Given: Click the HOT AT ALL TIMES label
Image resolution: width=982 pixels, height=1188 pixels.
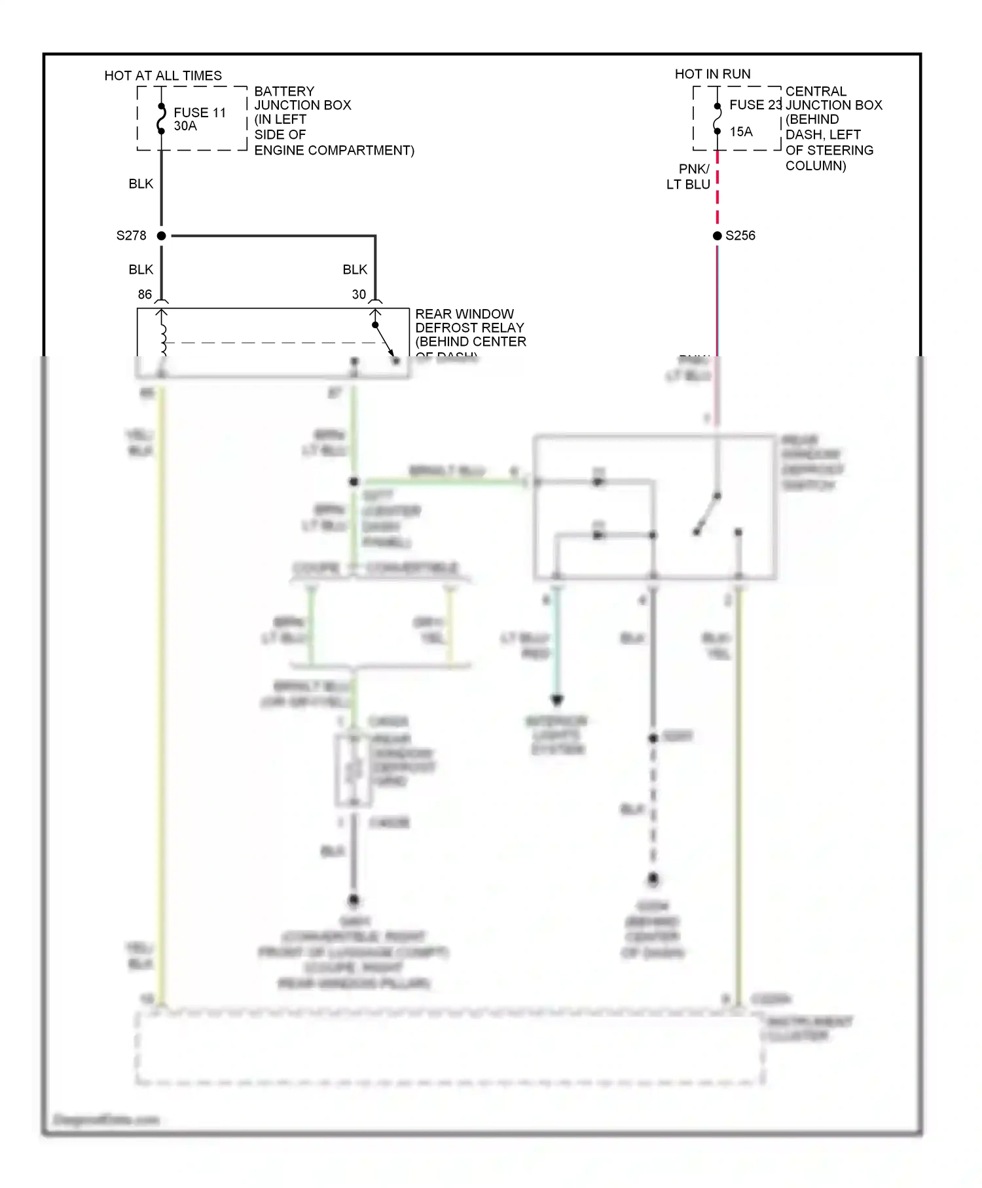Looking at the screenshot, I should pos(163,75).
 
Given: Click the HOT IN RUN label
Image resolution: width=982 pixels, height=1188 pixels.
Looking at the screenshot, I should pos(712,74).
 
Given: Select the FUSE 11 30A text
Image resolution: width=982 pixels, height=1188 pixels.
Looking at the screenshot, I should pos(199,119).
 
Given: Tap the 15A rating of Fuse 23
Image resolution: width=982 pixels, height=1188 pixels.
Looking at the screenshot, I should pos(741,132).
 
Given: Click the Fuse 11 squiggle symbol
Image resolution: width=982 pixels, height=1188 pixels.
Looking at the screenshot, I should pos(161,119).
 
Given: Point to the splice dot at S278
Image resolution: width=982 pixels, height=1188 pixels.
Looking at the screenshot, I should pos(162,236).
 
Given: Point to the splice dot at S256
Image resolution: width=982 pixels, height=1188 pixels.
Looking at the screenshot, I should pos(718,236).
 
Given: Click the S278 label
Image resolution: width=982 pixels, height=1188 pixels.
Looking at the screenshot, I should pos(131,236).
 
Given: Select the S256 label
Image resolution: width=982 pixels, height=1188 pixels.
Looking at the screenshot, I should pos(740,236).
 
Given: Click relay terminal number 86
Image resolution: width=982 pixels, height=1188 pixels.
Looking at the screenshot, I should pos(145,295).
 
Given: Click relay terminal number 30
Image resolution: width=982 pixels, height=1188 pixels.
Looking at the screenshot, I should pos(359,295).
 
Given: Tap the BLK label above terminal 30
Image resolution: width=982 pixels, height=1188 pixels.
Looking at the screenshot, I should pos(355,270).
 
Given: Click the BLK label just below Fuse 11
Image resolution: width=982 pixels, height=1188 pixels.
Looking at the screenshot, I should pos(141,184).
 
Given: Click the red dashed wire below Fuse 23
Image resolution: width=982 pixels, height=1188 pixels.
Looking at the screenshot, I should pos(718,190).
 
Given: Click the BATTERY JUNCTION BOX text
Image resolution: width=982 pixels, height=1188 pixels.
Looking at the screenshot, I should pos(302,98).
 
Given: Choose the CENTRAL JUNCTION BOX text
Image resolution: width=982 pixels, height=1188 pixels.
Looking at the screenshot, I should pos(833,98).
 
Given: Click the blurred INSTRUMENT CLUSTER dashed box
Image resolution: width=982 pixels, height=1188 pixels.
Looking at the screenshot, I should pos(449,1049).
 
